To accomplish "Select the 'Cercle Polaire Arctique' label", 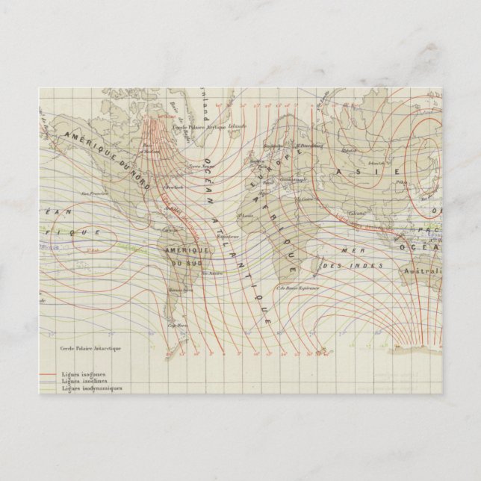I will (x=199, y=128).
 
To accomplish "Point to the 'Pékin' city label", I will (x=402, y=181).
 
